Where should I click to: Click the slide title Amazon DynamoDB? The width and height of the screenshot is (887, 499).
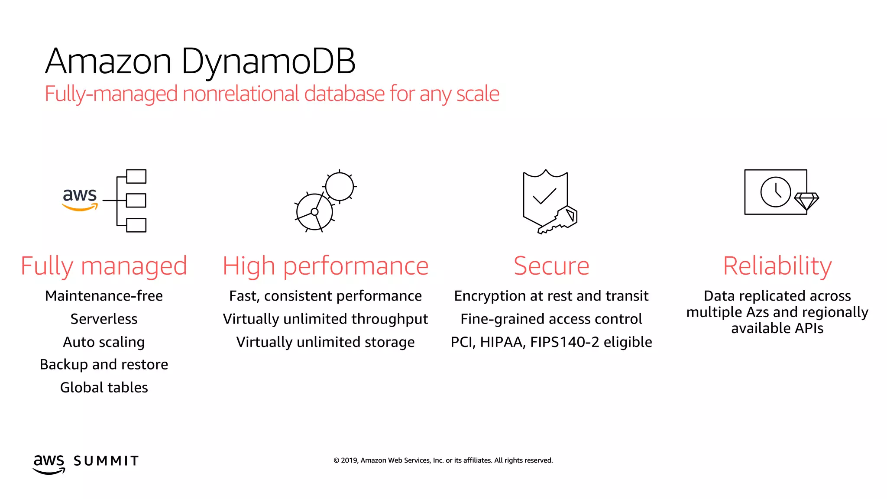200,61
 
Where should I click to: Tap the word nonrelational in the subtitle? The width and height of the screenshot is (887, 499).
241,94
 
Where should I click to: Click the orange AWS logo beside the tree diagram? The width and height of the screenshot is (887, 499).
80,199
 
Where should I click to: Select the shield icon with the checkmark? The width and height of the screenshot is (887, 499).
544,197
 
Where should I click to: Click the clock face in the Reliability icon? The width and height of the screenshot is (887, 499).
775,192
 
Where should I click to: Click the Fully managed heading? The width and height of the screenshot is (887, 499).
104,266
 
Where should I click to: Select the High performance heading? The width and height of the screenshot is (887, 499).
325,266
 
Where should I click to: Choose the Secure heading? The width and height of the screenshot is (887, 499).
551,266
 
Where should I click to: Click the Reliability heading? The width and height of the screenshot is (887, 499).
777,266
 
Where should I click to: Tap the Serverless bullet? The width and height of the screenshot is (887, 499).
104,319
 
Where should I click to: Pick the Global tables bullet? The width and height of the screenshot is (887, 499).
104,387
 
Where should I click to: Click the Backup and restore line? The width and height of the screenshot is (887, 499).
104,364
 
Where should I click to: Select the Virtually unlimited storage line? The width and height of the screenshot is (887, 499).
325,342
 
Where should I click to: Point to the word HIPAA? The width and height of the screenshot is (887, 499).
503,342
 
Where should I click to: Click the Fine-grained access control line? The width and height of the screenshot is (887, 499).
551,319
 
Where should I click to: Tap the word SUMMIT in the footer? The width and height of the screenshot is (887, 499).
106,461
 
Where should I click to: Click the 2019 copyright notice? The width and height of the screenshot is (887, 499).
443,460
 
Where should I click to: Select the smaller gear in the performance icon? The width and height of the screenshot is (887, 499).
340,187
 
